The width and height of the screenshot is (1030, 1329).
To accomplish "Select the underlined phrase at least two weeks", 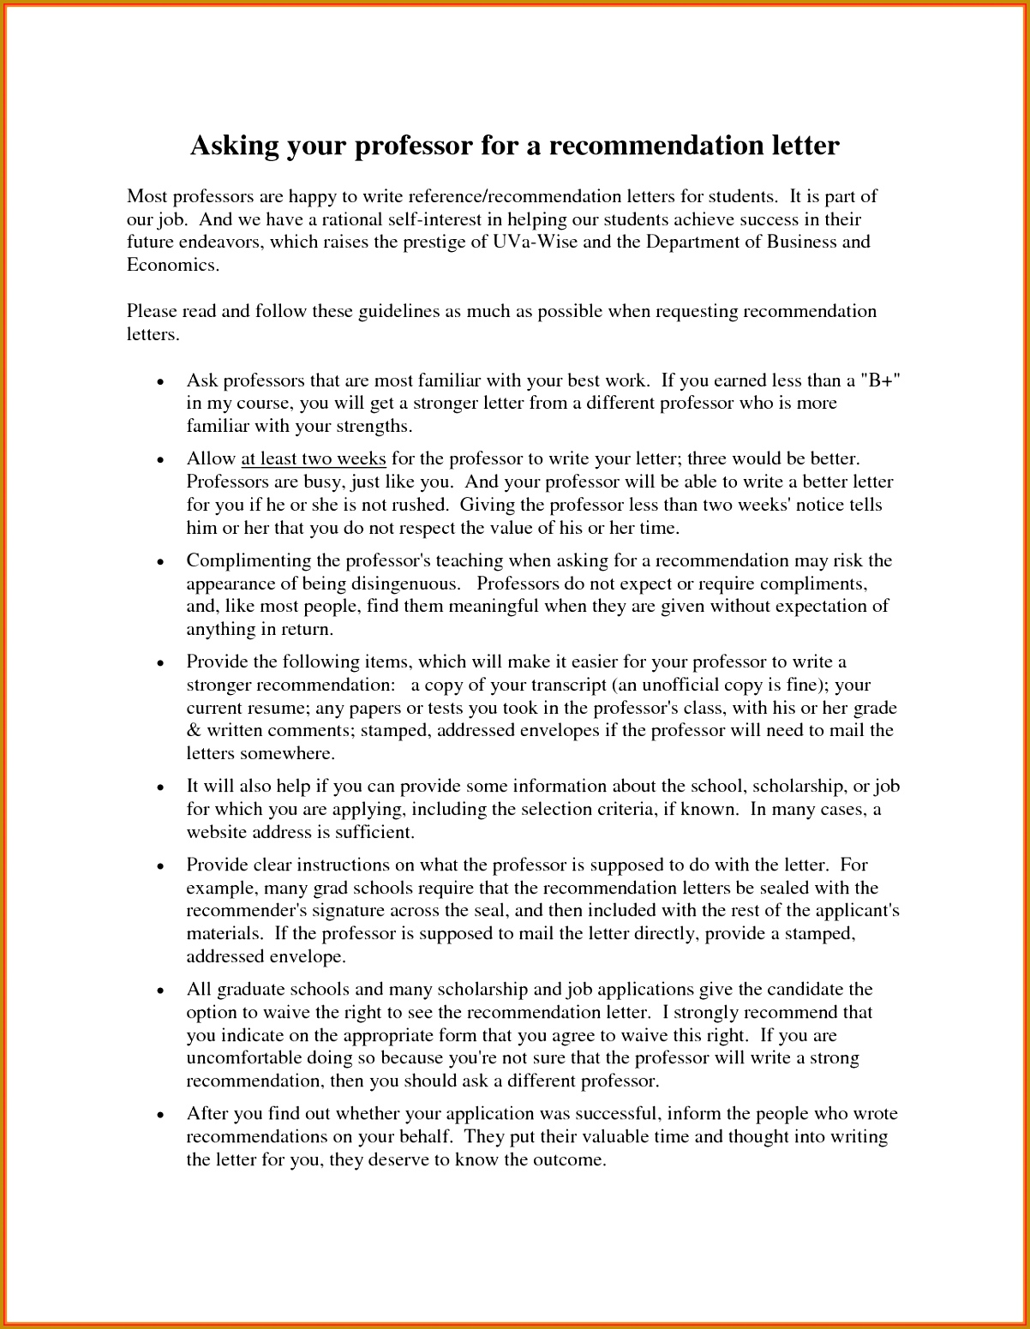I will tap(314, 459).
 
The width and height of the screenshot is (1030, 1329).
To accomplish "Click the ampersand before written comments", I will tap(193, 731).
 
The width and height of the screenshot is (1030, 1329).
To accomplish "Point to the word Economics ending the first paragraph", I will tap(172, 265).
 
